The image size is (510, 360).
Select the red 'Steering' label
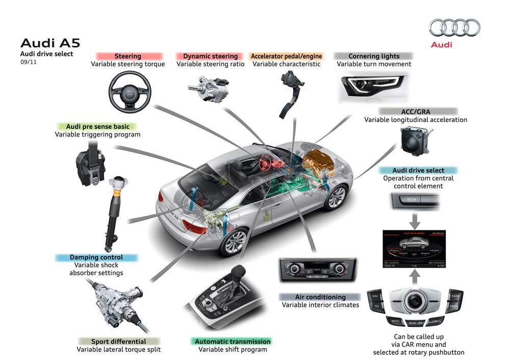128,56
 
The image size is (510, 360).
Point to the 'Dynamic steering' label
210,56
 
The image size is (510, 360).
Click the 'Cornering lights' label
374,56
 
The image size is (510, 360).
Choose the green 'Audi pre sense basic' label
97,126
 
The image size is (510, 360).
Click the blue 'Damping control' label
96,258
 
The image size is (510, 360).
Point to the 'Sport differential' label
118,341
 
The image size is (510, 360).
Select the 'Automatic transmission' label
233,341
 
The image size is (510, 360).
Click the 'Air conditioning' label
320,297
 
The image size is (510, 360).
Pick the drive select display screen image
414,248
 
